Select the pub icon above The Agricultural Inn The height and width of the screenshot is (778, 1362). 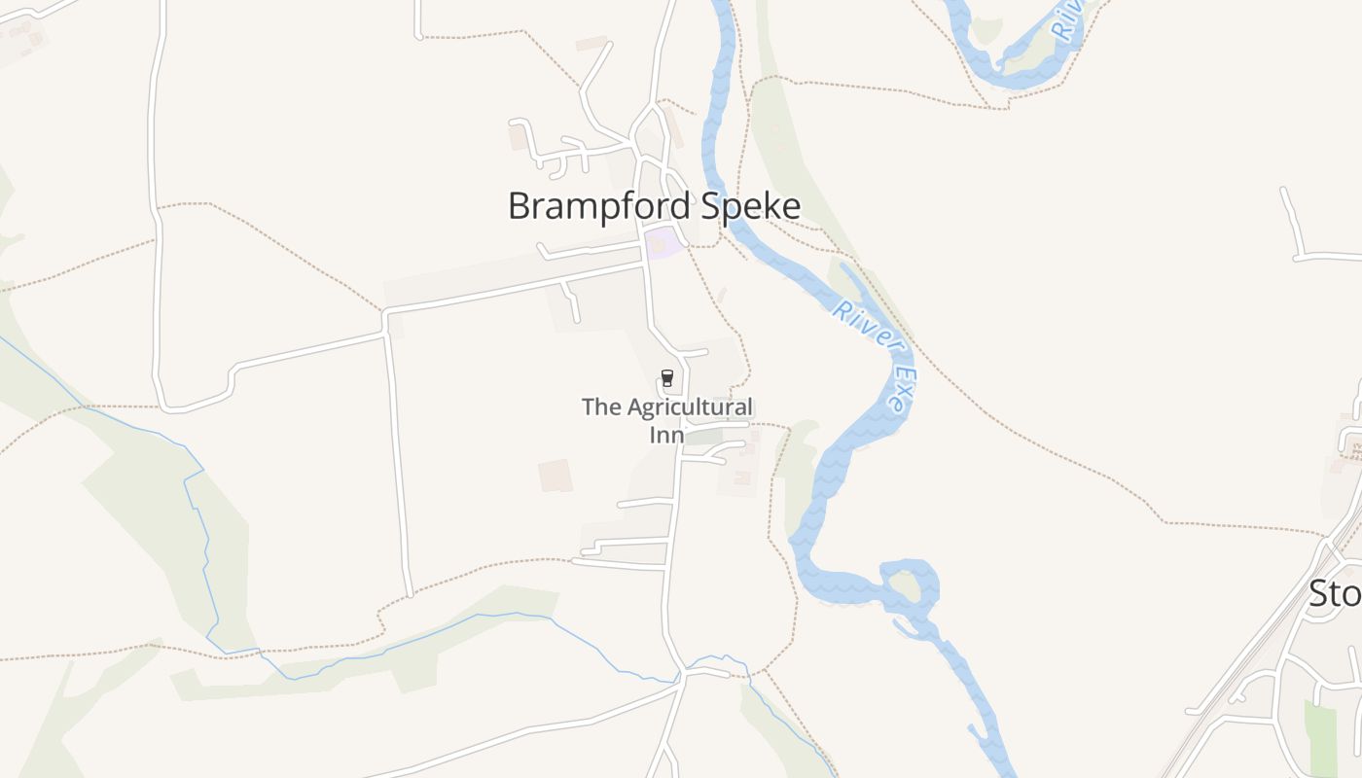pos(666,378)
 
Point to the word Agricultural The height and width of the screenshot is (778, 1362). pos(690,407)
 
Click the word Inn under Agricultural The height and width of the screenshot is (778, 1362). pos(666,434)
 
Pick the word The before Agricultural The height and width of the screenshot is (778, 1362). pos(600,407)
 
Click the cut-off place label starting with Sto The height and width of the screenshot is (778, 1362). pos(1334,592)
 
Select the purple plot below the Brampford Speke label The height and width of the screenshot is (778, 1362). pos(662,243)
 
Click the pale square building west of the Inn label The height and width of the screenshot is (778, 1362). pos(556,476)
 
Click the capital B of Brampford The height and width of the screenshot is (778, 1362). pos(521,206)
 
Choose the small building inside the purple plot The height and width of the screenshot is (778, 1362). pos(658,245)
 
